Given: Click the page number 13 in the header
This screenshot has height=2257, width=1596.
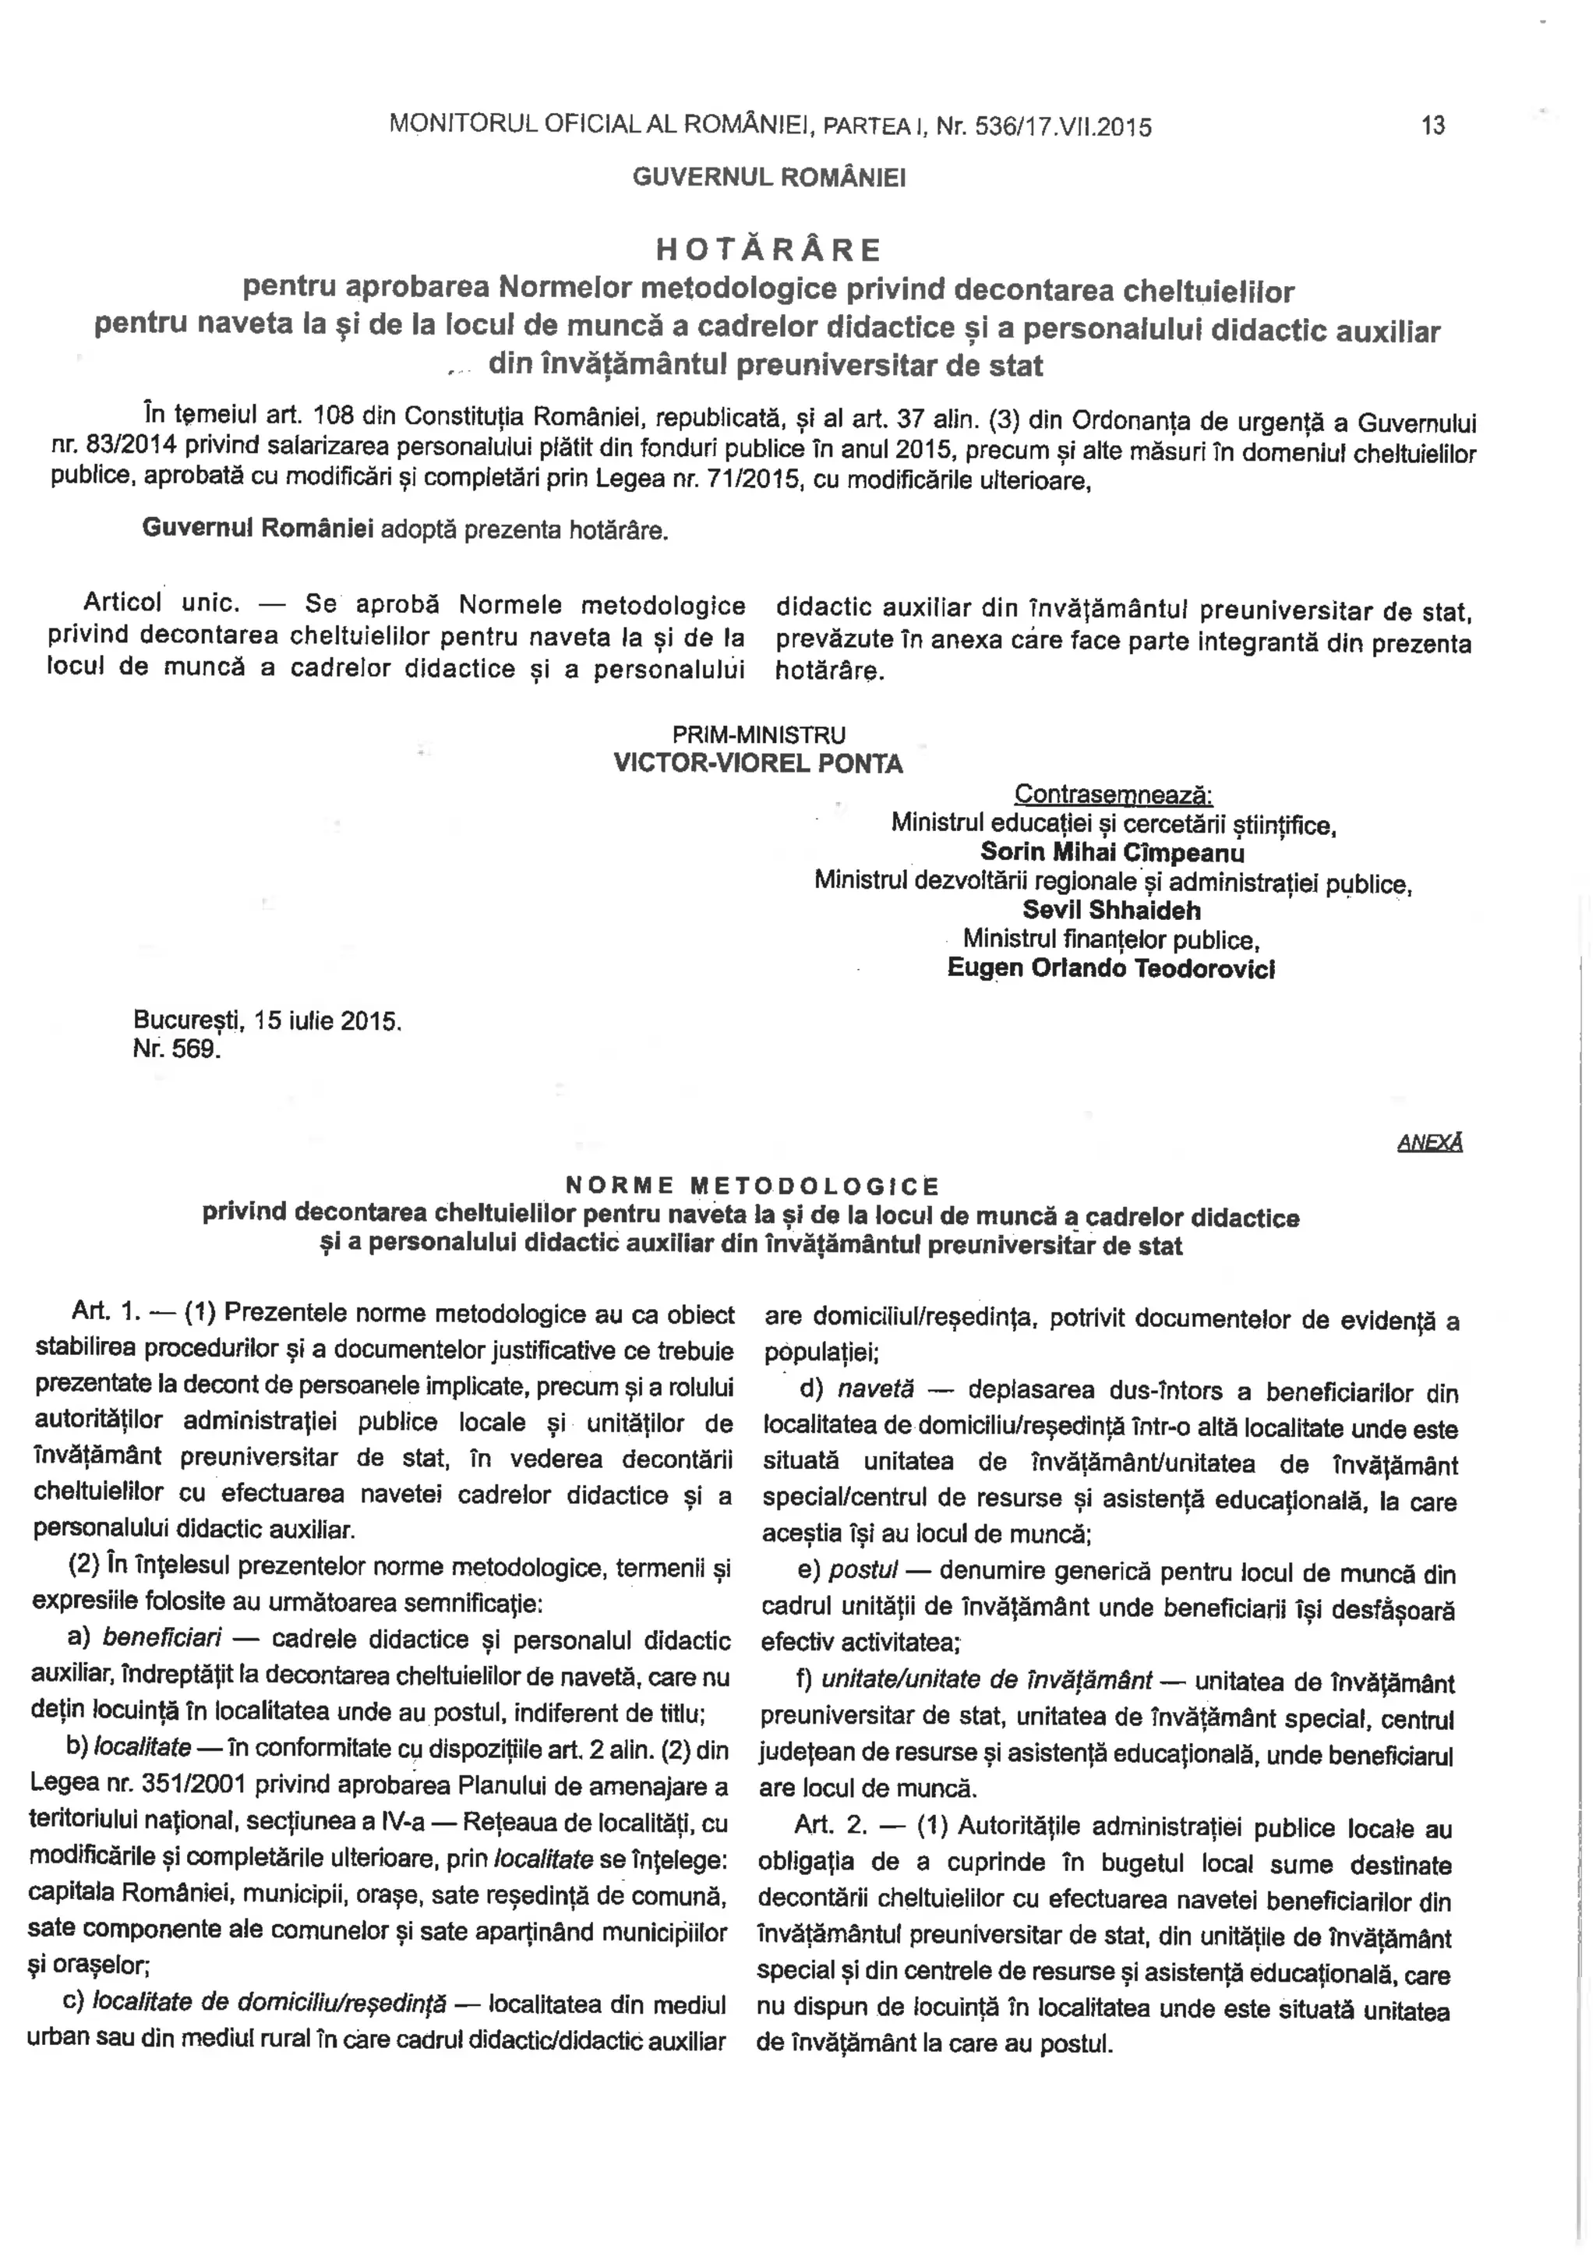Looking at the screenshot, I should (x=1433, y=126).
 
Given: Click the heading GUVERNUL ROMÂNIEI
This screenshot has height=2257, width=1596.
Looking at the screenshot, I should (x=768, y=178).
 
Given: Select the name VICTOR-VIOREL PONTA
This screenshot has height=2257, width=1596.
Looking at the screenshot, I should (x=757, y=764).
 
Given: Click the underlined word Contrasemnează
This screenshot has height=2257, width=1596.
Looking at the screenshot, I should (x=1114, y=794).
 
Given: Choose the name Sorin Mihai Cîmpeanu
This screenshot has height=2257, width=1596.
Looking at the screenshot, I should (x=1113, y=852).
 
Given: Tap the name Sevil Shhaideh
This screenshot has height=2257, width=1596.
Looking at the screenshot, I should (x=1111, y=911).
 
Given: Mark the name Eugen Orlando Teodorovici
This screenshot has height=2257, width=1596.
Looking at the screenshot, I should (x=1110, y=968).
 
